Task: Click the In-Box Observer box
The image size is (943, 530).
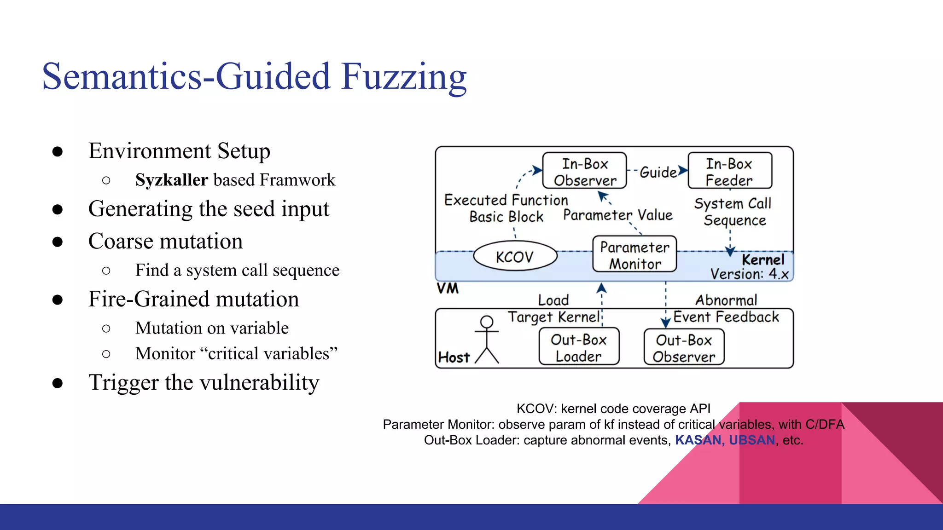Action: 584,171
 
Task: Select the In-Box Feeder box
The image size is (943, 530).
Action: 729,171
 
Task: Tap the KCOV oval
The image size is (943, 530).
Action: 515,256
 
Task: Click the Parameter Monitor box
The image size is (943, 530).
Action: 634,255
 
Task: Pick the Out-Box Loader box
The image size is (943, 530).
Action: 579,347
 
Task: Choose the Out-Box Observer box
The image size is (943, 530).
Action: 684,348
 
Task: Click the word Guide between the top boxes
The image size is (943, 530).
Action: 658,172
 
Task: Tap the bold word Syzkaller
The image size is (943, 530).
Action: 172,180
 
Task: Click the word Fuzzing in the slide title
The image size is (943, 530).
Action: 404,77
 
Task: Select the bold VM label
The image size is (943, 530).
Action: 448,289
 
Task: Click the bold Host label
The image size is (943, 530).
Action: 454,357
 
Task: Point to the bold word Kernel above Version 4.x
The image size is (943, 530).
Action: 763,259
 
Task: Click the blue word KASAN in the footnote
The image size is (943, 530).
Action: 697,440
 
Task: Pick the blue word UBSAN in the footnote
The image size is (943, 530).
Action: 752,440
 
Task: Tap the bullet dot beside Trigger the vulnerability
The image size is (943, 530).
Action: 58,383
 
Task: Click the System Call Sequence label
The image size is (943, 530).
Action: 733,212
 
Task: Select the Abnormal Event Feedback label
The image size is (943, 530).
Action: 726,308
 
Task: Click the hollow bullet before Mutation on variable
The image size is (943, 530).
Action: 106,328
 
